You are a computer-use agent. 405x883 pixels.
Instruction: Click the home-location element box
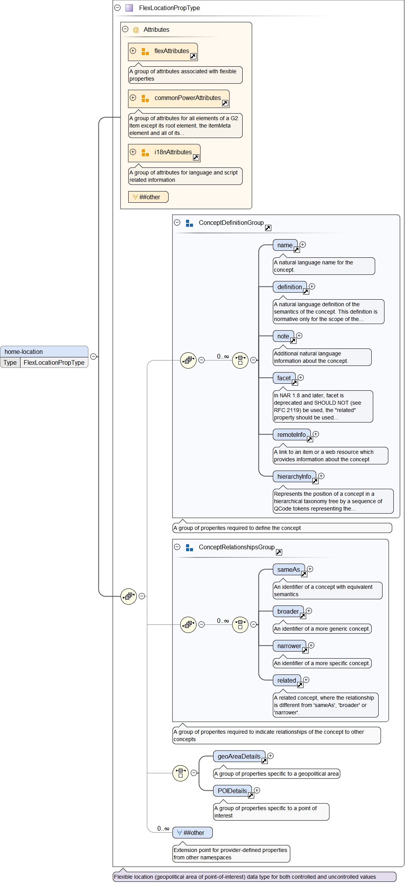[44, 352]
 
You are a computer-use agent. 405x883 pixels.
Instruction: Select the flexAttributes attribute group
[163, 52]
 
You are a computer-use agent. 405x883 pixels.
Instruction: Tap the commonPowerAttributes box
[179, 98]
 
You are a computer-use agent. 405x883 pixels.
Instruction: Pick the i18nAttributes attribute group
[164, 153]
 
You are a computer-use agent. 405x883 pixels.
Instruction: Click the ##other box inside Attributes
[148, 197]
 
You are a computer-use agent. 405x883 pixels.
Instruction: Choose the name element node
[285, 245]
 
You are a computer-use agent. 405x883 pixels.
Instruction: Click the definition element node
[290, 287]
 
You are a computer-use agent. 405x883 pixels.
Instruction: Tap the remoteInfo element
[291, 435]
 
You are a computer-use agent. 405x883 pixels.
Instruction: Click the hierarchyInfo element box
[294, 477]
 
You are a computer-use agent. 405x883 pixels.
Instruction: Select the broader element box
[288, 612]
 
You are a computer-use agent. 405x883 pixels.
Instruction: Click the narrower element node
[289, 646]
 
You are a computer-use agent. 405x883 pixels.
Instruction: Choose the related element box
[287, 681]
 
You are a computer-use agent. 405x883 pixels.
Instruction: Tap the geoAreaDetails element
[239, 757]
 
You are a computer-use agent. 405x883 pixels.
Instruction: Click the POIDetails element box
[232, 791]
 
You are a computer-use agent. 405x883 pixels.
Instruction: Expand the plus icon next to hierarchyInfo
[321, 476]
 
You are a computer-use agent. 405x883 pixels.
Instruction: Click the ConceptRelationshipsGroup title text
[236, 547]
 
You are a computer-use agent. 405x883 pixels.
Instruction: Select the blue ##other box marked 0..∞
[193, 833]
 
